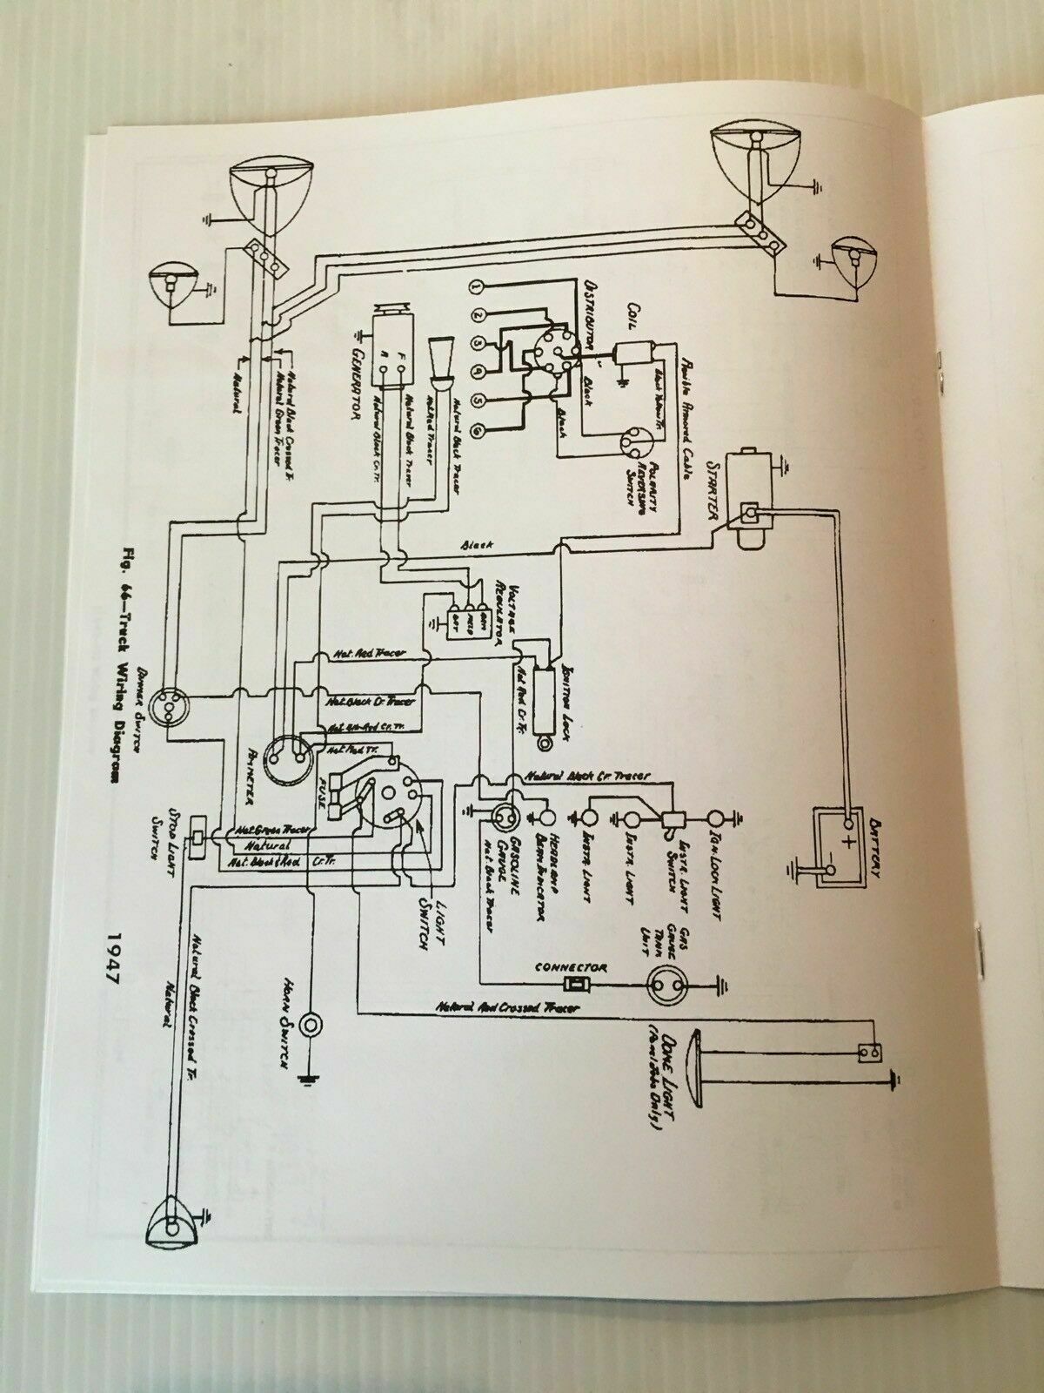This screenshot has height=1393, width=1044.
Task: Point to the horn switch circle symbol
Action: click(309, 1025)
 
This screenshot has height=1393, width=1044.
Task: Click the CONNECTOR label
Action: click(572, 967)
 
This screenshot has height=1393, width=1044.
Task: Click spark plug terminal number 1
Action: click(475, 286)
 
